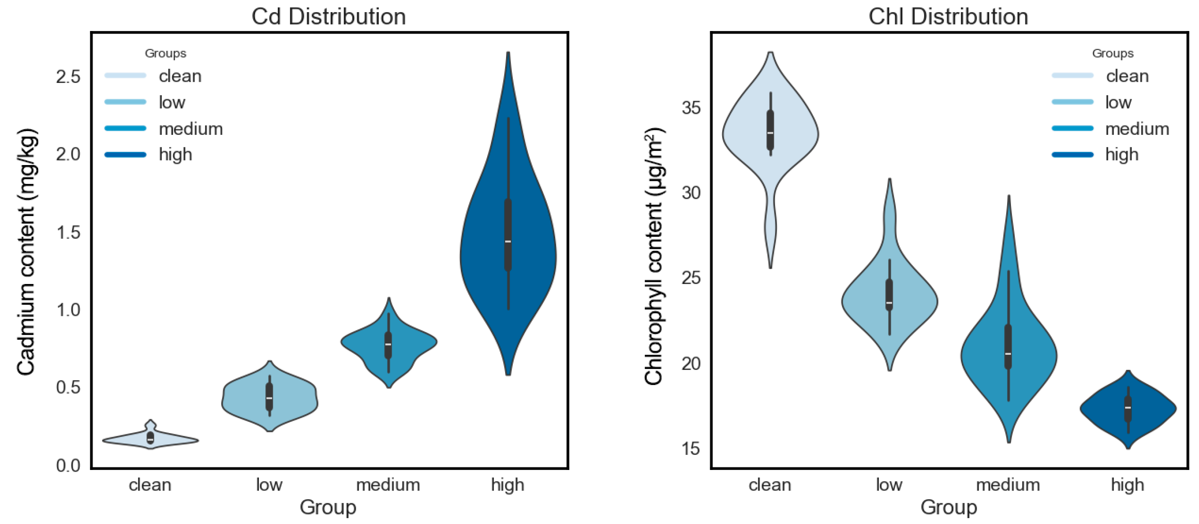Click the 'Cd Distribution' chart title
click(x=328, y=17)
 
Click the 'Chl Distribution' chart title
click(x=948, y=17)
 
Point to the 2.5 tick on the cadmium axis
click(x=68, y=77)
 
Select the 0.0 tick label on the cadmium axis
click(x=68, y=465)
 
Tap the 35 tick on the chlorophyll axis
click(x=691, y=108)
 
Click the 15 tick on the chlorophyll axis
click(x=691, y=448)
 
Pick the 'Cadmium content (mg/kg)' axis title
click(x=26, y=251)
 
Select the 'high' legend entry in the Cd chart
click(x=175, y=155)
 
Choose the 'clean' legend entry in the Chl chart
click(x=1127, y=76)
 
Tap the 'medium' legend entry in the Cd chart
click(x=190, y=129)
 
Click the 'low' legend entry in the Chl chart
click(x=1118, y=102)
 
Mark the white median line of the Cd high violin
click(x=508, y=241)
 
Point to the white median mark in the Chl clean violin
click(x=770, y=133)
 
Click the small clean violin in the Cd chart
click(x=150, y=439)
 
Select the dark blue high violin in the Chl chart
click(x=1128, y=408)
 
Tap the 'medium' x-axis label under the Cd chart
click(x=388, y=485)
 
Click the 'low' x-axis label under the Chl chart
click(x=889, y=485)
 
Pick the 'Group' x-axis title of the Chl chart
click(x=948, y=507)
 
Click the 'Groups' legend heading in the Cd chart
click(x=165, y=53)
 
